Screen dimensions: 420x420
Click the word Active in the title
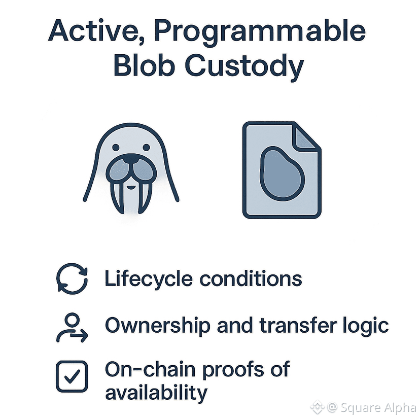pyautogui.click(x=96, y=31)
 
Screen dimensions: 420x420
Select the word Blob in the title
pyautogui.click(x=145, y=65)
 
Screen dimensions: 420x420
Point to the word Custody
pyautogui.click(x=244, y=67)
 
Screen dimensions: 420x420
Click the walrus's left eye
pyautogui.click(x=116, y=147)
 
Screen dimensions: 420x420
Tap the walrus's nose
pyautogui.click(x=131, y=159)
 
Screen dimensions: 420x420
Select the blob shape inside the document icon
pyautogui.click(x=282, y=173)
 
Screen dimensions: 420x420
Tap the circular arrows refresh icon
pyautogui.click(x=72, y=279)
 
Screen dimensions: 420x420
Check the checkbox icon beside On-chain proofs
pyautogui.click(x=72, y=376)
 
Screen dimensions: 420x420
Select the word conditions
pyautogui.click(x=251, y=278)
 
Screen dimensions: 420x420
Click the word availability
pyautogui.click(x=156, y=393)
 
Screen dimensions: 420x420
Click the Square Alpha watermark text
pyautogui.click(x=378, y=407)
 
